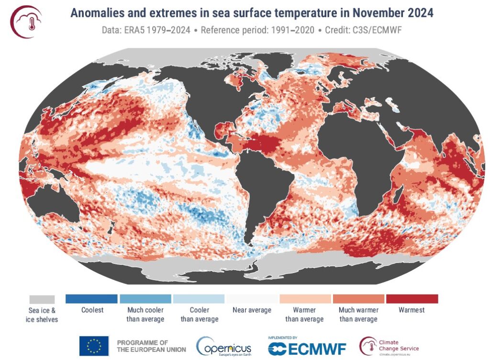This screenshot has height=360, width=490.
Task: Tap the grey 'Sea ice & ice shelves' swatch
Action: tap(42, 299)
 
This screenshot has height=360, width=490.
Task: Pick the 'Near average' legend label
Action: tap(252, 310)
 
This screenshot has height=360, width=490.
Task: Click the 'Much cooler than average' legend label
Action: tap(145, 315)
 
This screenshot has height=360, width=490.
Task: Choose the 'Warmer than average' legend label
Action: tap(304, 315)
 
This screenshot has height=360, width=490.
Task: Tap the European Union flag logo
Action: tap(94, 346)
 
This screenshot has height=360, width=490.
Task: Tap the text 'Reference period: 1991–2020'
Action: tap(257, 30)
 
